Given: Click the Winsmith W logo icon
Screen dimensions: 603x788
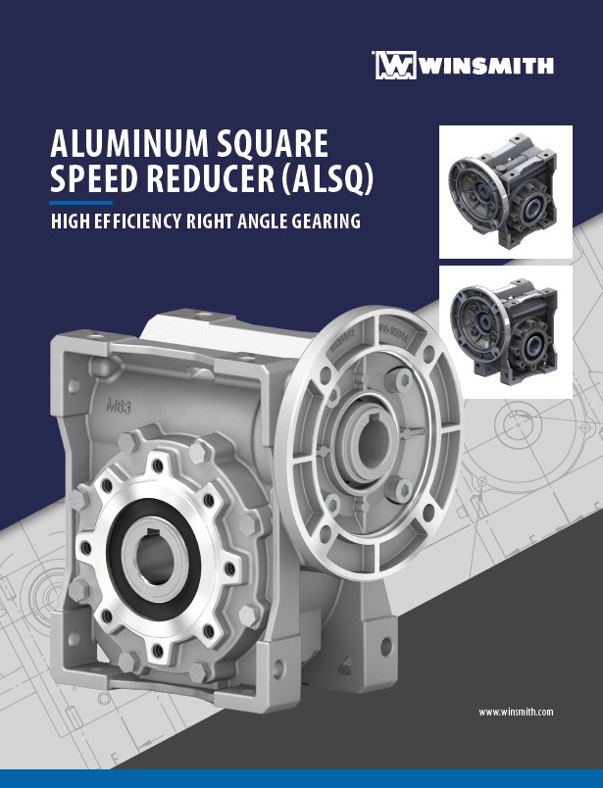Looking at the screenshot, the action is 396,65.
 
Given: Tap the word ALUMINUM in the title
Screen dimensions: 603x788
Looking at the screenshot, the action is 129,143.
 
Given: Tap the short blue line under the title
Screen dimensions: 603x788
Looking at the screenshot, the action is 81,203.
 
